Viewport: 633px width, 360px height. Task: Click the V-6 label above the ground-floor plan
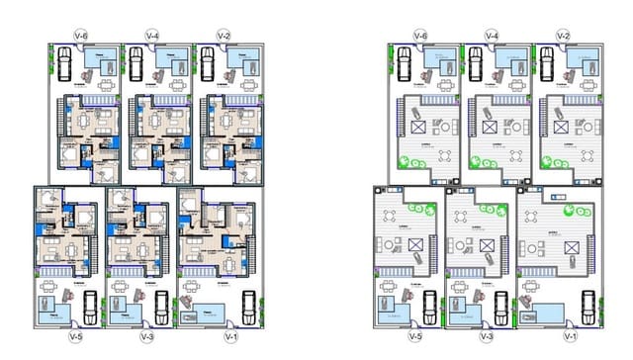(80, 36)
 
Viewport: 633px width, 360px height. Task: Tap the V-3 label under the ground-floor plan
(147, 337)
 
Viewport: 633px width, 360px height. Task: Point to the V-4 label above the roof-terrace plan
(492, 36)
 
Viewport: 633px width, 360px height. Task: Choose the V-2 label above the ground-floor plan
(225, 36)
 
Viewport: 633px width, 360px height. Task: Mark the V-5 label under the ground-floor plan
(75, 337)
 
